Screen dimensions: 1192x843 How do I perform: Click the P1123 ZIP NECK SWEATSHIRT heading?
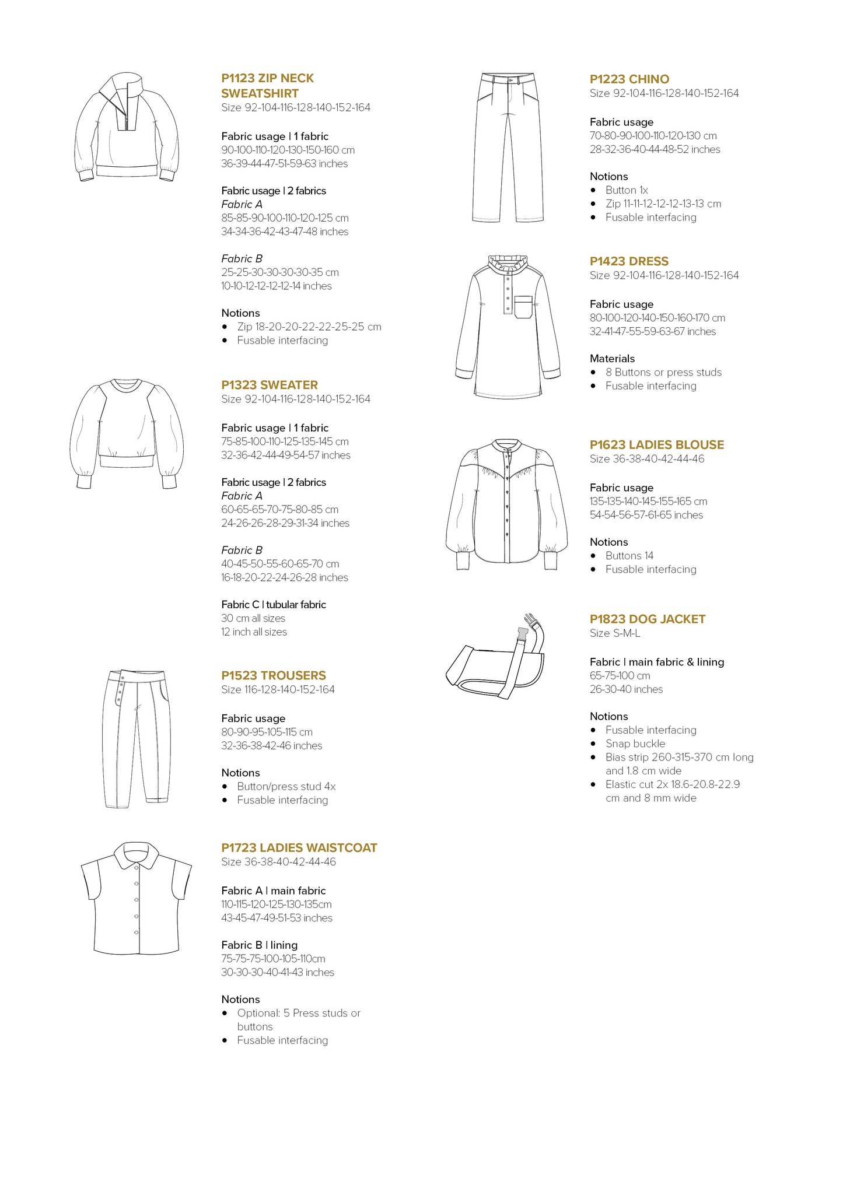pos(268,86)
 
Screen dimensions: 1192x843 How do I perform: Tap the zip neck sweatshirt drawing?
pos(127,128)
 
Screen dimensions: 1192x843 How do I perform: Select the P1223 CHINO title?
pos(629,79)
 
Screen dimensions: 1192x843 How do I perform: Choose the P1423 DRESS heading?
pos(629,261)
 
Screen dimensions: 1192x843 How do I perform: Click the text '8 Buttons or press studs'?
pos(663,372)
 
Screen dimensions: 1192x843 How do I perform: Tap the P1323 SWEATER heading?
pos(270,385)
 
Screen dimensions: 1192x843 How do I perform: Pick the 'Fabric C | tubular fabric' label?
pos(274,605)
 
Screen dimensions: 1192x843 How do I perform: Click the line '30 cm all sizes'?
pos(253,618)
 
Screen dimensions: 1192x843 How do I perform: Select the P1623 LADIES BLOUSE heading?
pos(657,445)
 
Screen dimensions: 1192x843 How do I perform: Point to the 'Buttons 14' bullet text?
pos(629,556)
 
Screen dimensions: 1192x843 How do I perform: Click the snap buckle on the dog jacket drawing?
pos(528,623)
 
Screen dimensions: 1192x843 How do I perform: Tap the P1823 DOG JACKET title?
pos(648,619)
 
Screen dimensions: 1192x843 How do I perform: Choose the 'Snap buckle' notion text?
pos(635,744)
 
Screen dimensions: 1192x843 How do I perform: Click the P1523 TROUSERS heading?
pos(274,675)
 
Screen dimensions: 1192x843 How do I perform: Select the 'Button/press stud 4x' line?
pos(286,787)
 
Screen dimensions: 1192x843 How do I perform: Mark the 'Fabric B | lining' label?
pos(260,945)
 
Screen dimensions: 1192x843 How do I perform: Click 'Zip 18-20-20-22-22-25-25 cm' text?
pos(309,327)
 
